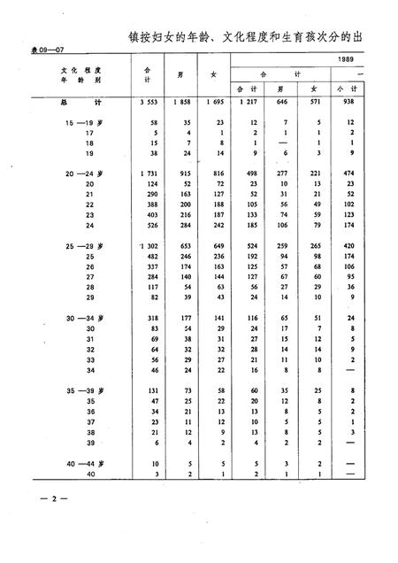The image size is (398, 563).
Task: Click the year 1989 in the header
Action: (350, 59)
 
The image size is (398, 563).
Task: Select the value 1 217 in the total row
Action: (248, 103)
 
